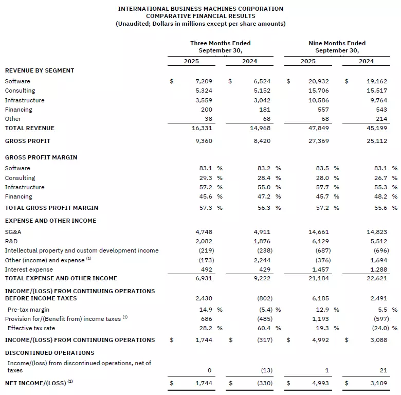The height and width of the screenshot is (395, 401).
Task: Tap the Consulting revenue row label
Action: click(x=20, y=91)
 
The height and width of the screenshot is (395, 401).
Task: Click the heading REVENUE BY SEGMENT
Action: click(x=40, y=70)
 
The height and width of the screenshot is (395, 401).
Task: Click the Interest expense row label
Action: click(x=29, y=270)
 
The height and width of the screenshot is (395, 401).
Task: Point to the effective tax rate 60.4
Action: click(x=263, y=328)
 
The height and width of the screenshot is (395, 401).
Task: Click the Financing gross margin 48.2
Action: click(x=380, y=196)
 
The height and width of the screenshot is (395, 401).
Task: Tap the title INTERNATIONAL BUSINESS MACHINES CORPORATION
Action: click(x=200, y=9)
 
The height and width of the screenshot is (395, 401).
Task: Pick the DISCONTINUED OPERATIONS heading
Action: click(x=49, y=353)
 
